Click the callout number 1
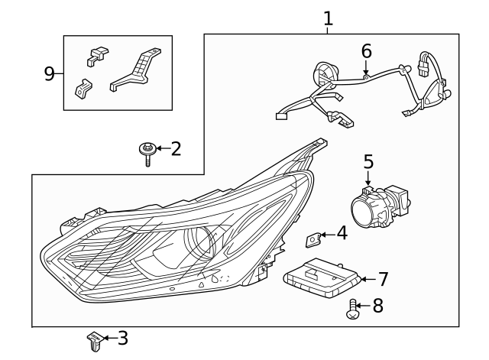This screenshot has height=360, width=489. point(328,18)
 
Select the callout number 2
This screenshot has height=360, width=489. point(176,148)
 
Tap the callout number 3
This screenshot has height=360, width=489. point(122,337)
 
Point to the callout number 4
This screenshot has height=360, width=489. point(341,233)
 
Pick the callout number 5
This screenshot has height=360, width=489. point(368,161)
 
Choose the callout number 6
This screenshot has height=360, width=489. point(366,51)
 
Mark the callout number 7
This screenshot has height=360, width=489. point(383,279)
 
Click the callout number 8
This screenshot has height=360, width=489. point(377,306)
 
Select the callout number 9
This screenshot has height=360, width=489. point(50,73)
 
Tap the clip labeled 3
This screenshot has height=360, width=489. point(94,341)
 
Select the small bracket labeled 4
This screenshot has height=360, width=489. point(313,241)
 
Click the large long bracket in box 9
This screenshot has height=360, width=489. point(139,70)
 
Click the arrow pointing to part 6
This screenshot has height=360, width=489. point(366,68)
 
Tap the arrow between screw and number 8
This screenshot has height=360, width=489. point(364,306)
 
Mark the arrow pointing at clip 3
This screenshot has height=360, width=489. point(109,337)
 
